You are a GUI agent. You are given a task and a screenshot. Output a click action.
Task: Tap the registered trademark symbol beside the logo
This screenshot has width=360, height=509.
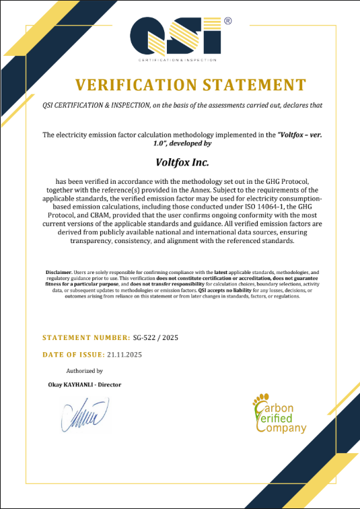227,22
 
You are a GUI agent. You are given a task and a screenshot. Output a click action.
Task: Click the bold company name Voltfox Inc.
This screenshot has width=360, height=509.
179,162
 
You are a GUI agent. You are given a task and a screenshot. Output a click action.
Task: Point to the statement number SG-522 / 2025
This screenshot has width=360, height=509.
156,337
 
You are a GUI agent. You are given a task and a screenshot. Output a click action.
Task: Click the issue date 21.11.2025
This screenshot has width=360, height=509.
124,354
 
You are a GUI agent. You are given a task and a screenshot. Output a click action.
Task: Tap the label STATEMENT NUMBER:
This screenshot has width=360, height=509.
86,337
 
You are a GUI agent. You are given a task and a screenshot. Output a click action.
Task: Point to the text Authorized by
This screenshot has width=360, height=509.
84,371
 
